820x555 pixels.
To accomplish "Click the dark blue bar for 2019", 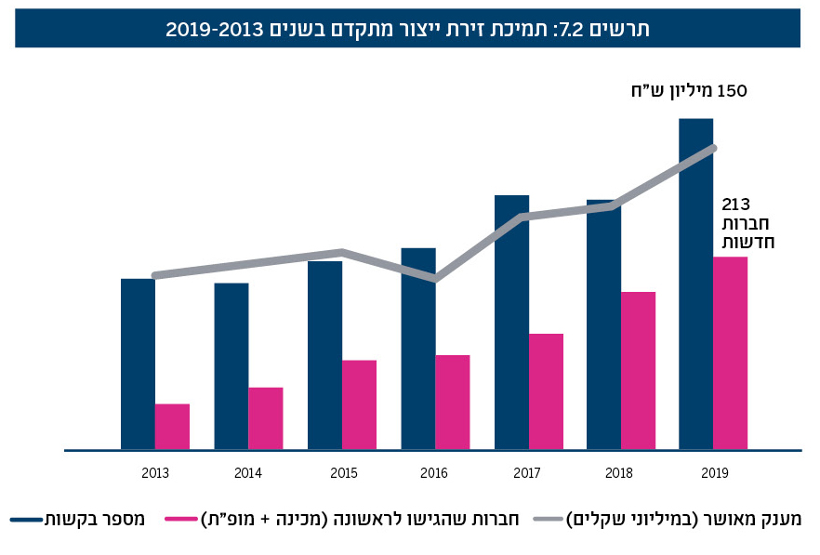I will tap(695, 284).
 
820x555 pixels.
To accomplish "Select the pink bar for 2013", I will tap(172, 427).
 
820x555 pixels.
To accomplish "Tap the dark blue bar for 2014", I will tap(231, 366).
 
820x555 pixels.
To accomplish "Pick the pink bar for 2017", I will tap(546, 391).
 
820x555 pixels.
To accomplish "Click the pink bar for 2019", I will tap(730, 353).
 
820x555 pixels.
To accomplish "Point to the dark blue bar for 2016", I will tap(418, 349).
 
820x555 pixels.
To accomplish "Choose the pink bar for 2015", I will tap(359, 404).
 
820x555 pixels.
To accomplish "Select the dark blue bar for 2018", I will tap(603, 324).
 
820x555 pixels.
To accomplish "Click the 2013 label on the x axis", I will tap(155, 473).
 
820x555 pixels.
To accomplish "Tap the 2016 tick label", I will tap(434, 473).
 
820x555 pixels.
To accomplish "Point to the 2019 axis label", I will tap(714, 473).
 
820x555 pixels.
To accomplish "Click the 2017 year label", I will tap(527, 473).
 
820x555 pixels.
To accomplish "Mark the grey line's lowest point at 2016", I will tap(435, 278).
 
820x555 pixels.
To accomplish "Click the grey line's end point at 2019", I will tap(714, 147).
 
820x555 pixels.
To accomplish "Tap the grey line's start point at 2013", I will tap(155, 275).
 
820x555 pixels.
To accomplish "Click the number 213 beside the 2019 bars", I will tap(735, 205).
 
